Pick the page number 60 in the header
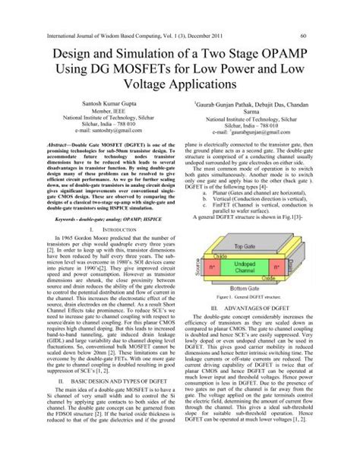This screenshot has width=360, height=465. (304, 35)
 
